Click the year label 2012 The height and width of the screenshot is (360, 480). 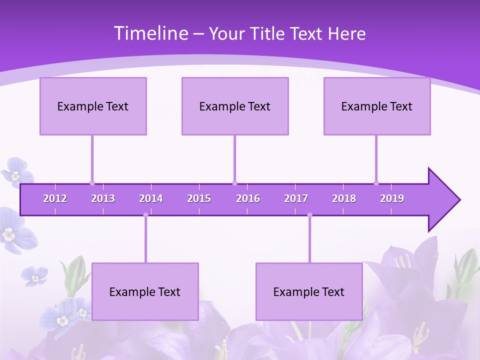[x=55, y=198]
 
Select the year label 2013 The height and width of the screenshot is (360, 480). [x=103, y=198]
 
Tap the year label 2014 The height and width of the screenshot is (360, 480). [x=151, y=198]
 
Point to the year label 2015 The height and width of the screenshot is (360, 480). [x=199, y=198]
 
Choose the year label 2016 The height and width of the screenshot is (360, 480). [x=248, y=198]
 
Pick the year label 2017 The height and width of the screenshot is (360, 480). [x=296, y=198]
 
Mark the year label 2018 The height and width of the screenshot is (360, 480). [x=344, y=198]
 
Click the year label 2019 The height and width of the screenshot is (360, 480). [x=392, y=198]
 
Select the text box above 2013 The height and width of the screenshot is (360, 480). [x=93, y=106]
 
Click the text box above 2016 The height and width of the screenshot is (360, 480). [x=235, y=106]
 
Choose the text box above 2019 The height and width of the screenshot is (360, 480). [x=377, y=106]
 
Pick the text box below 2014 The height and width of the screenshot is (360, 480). [x=145, y=291]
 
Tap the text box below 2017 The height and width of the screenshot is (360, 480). [x=309, y=291]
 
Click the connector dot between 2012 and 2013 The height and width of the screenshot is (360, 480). [x=92, y=183]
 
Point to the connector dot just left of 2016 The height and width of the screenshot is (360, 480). [x=234, y=183]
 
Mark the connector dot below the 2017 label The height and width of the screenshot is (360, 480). [x=309, y=215]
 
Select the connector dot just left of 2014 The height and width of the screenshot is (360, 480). [x=145, y=215]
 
